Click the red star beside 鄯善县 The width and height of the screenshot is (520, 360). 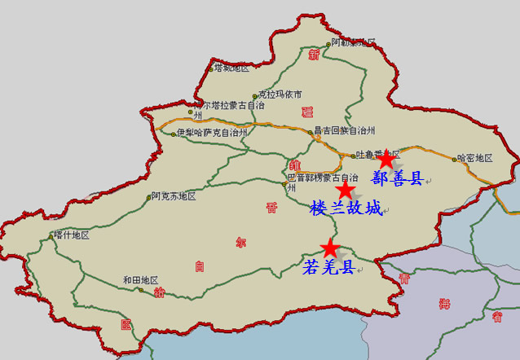click(386, 159)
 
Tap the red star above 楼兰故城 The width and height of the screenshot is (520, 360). click(346, 190)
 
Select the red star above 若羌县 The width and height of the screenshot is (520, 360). click(329, 247)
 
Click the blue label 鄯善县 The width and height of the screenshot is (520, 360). click(397, 178)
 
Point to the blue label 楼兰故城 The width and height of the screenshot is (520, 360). click(346, 209)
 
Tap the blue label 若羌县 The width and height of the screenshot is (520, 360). click(328, 266)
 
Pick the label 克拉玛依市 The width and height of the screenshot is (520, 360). click(280, 94)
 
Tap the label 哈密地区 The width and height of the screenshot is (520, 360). click(475, 158)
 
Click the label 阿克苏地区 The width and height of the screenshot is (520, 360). click(174, 196)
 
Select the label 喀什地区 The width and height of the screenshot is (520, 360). click(71, 235)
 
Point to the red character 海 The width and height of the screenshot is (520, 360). click(444, 304)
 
